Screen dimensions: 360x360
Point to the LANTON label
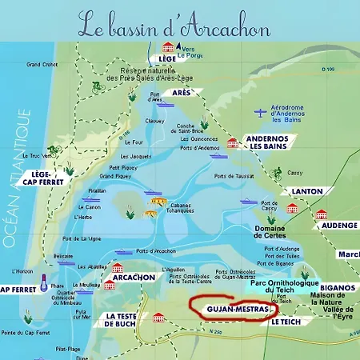click(302, 192)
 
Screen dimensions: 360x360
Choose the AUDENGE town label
click(338, 226)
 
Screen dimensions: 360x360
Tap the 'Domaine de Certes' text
click(275, 233)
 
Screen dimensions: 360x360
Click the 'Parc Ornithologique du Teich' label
click(284, 287)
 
